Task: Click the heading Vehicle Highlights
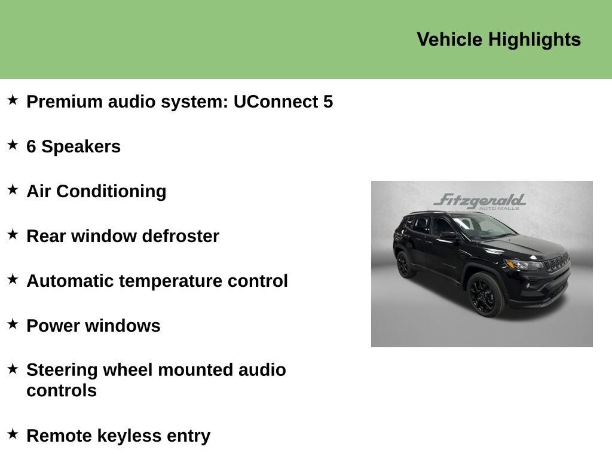coord(498,39)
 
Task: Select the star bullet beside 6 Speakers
coord(13,145)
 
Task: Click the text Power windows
coord(93,326)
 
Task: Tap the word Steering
coord(62,370)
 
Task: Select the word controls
coord(62,391)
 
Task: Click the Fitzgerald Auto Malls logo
coord(480,201)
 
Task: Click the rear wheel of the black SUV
coord(405,264)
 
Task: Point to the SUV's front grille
coord(556,262)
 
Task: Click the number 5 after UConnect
coord(328,102)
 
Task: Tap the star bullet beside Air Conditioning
coord(13,190)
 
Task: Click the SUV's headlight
coord(524,265)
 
